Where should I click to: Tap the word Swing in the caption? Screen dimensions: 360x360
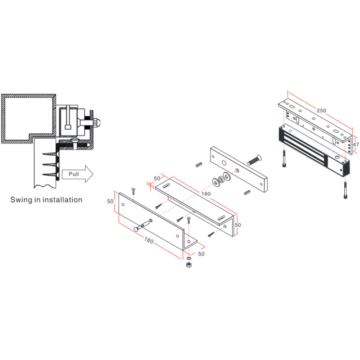coord(22,199)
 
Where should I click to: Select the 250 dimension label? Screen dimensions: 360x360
coord(321,111)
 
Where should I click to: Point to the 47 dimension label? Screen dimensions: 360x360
coord(356,145)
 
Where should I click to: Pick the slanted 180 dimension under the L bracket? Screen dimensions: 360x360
coord(149,241)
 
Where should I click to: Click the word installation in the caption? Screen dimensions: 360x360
coord(61,199)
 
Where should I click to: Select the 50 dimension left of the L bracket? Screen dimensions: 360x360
coord(110,202)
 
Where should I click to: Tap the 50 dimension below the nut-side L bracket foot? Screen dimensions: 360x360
coord(201,254)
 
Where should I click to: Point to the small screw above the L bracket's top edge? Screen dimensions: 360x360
coord(134,191)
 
